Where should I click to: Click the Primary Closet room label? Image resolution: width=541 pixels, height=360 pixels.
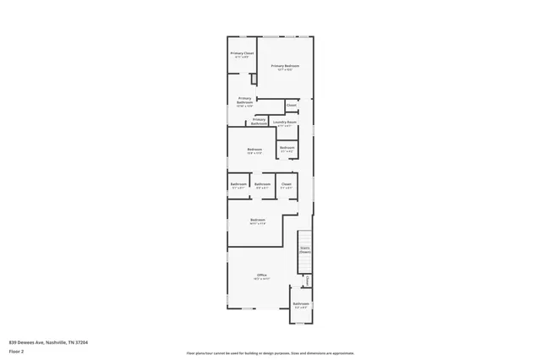coord(243,53)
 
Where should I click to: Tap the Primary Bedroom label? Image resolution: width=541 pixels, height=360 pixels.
coord(285,65)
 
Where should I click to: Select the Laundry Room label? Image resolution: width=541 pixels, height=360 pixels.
coord(285,122)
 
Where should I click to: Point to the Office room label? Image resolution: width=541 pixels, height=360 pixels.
coord(262,275)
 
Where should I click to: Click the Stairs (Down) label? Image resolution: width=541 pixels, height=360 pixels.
coord(304,249)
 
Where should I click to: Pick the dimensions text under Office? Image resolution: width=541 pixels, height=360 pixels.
coord(262,279)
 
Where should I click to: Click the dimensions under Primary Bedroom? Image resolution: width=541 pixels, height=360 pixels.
coord(285,69)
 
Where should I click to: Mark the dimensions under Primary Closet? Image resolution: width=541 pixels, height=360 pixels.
coord(243,57)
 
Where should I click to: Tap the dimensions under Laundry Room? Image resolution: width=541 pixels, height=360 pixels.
coord(285,126)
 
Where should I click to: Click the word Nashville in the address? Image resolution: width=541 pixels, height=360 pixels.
coord(57,342)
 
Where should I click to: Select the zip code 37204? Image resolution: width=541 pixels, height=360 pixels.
coord(82,342)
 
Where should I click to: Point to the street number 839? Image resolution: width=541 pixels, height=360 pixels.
coord(12,342)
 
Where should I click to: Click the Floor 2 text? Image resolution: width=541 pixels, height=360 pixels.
coord(15,351)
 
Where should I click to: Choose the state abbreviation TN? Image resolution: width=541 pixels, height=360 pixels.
coord(72,342)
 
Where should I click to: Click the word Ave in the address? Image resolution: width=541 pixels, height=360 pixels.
coord(40,342)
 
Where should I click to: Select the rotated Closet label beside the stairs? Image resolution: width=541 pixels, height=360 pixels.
coord(308,281)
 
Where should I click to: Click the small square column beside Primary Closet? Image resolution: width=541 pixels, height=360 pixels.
coord(253,79)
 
